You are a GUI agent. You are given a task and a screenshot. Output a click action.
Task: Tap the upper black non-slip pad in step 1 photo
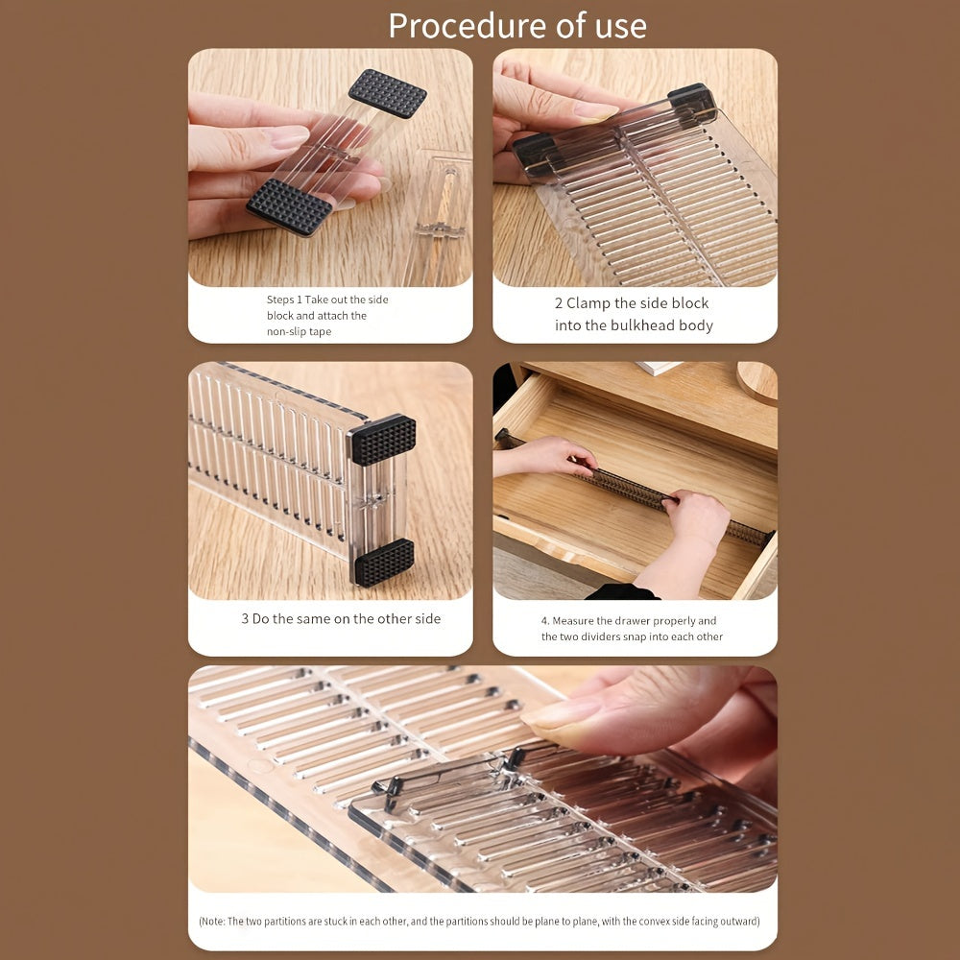click(x=387, y=93)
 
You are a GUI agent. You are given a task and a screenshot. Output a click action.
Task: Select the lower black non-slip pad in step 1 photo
click(x=289, y=206)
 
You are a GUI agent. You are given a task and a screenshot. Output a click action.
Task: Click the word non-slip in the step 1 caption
click(x=287, y=331)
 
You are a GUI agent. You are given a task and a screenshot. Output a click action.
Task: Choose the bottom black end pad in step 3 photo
click(x=384, y=562)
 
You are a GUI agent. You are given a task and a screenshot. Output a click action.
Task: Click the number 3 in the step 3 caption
click(x=245, y=619)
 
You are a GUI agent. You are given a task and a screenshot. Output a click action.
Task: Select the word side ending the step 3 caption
click(x=427, y=619)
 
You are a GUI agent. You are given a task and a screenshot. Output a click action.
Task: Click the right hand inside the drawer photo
click(x=696, y=518)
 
